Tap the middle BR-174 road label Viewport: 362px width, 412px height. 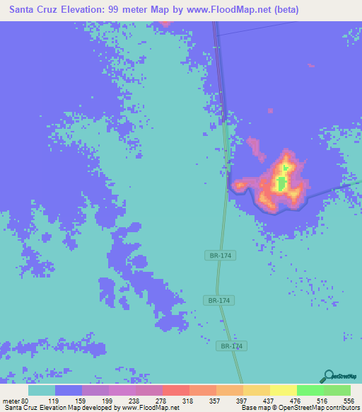[221, 301]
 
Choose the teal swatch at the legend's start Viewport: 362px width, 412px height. [42, 390]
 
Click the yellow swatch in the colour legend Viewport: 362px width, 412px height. [283, 390]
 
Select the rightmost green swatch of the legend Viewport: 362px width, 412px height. [337, 390]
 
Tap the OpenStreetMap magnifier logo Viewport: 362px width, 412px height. [327, 376]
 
